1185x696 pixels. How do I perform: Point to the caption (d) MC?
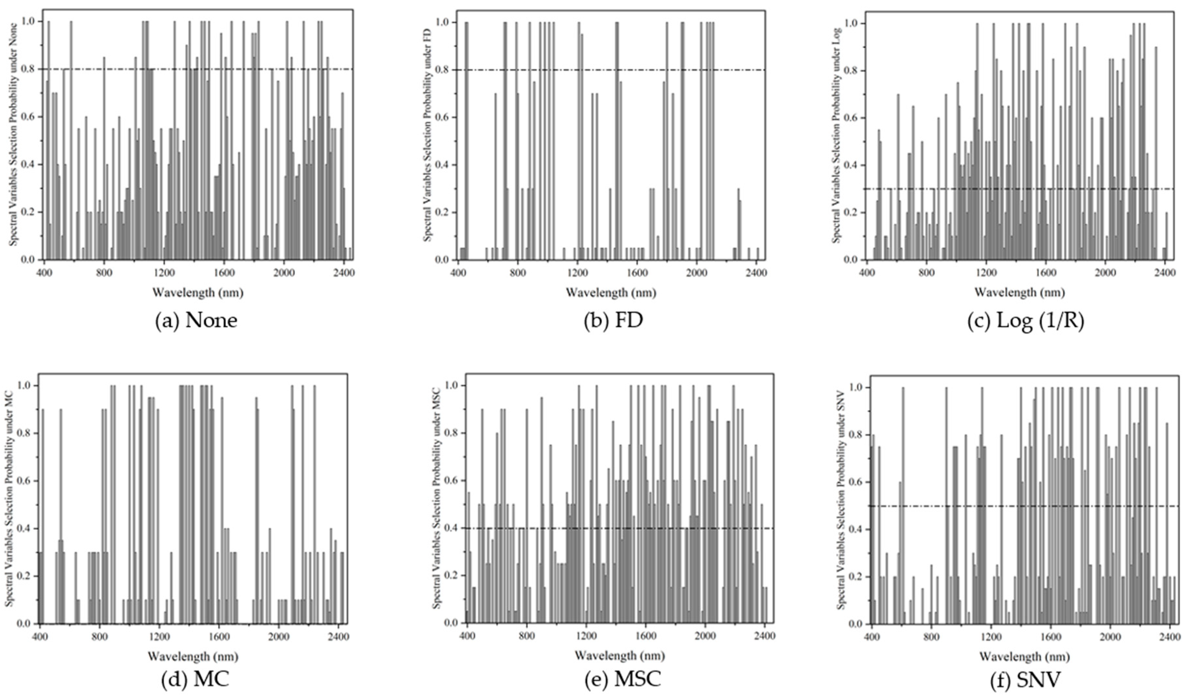coord(195,679)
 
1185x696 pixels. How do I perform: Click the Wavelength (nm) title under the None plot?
coord(197,293)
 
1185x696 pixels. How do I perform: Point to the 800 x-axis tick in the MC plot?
coord(99,637)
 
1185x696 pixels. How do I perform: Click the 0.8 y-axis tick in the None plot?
coord(29,69)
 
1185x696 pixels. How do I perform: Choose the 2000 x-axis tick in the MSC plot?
coord(705,636)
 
